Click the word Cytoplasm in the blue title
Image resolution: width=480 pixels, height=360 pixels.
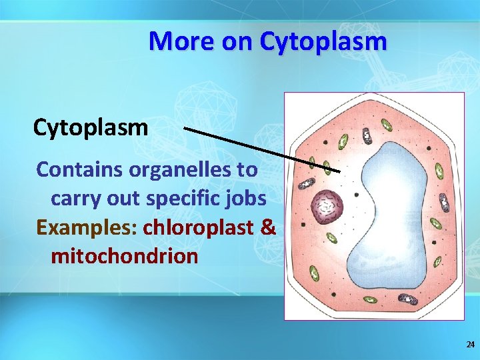tap(323, 41)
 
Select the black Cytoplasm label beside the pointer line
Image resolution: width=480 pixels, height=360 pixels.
tap(91, 126)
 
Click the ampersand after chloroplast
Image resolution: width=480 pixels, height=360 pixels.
tap(268, 227)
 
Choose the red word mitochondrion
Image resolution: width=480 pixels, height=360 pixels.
tap(124, 256)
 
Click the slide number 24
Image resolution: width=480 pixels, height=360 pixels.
tap(470, 345)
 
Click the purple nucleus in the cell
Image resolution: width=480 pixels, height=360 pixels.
tap(327, 206)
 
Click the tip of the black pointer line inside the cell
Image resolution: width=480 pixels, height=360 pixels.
tap(340, 171)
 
